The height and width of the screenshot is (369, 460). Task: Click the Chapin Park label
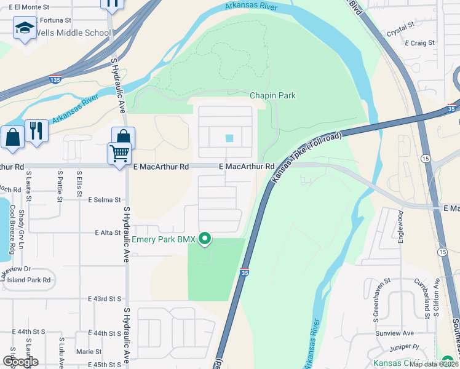pyautogui.click(x=272, y=95)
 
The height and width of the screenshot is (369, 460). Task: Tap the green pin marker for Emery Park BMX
pyautogui.click(x=205, y=239)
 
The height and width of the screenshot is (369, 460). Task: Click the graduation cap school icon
pyautogui.click(x=25, y=28)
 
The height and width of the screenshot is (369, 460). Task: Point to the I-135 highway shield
pyautogui.click(x=55, y=79)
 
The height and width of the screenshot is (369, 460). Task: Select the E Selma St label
pyautogui.click(x=105, y=200)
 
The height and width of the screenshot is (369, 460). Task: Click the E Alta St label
pyautogui.click(x=107, y=232)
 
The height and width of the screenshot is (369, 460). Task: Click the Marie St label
pyautogui.click(x=89, y=352)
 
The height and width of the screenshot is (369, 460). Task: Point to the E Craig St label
pyautogui.click(x=420, y=43)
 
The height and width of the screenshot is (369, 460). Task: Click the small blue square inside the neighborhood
pyautogui.click(x=229, y=138)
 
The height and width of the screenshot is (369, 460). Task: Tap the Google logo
pyautogui.click(x=20, y=362)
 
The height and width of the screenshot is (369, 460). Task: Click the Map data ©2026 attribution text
pyautogui.click(x=434, y=364)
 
